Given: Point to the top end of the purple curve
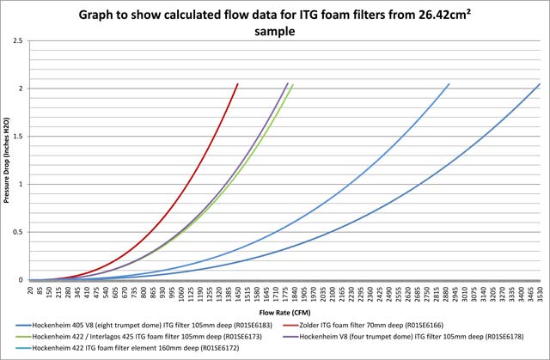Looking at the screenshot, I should [x=287, y=83].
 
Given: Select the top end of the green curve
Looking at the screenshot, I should [x=293, y=84].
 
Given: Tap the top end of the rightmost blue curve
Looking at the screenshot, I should [x=540, y=83].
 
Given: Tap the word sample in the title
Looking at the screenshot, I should [x=275, y=32].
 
